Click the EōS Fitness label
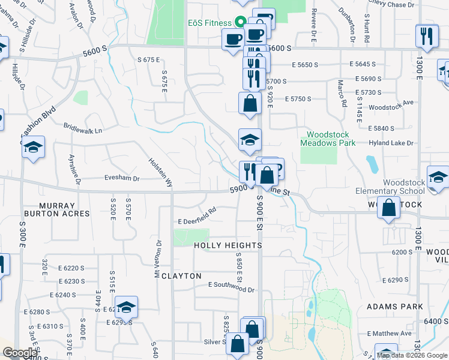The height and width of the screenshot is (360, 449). tap(208, 23)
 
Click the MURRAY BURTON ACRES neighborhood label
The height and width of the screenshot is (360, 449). tap(58, 209)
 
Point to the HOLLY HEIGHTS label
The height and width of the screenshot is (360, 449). tap(228, 245)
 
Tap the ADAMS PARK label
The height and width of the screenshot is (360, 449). tap(395, 307)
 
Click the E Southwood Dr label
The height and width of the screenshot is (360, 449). tap(231, 287)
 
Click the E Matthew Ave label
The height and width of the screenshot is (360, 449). tap(388, 333)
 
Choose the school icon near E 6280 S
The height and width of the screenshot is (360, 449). tap(127, 307)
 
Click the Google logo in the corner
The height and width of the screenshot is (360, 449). tap(20, 353)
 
